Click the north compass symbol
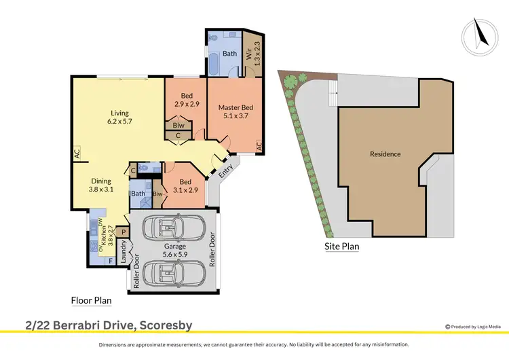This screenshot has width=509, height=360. [x=478, y=34]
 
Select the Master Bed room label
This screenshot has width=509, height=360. [x=235, y=111]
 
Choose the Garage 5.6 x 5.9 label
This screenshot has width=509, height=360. [x=174, y=251]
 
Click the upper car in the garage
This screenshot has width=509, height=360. [x=174, y=228]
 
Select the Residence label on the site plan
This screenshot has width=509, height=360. [x=385, y=154]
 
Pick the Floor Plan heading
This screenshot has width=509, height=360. [x=92, y=300]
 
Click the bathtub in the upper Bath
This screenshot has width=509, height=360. [x=213, y=65]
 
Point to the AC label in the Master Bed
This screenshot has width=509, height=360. [x=259, y=145]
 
